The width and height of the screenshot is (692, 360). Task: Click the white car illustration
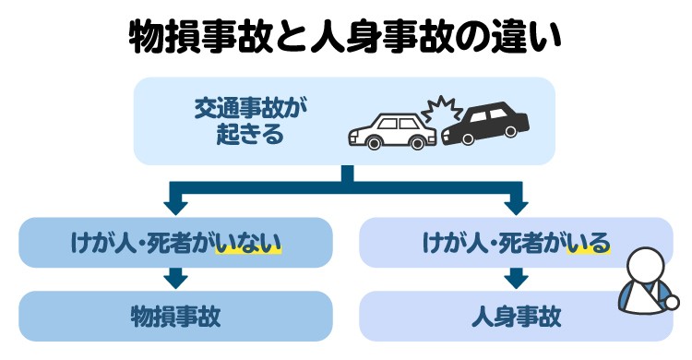pos(391,131)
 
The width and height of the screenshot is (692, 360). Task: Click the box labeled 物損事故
pos(175,315)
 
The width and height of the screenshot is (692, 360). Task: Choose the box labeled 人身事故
pos(516,315)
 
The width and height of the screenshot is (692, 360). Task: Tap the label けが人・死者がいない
pos(175,243)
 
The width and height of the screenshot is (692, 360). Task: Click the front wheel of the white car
pos(374,142)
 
